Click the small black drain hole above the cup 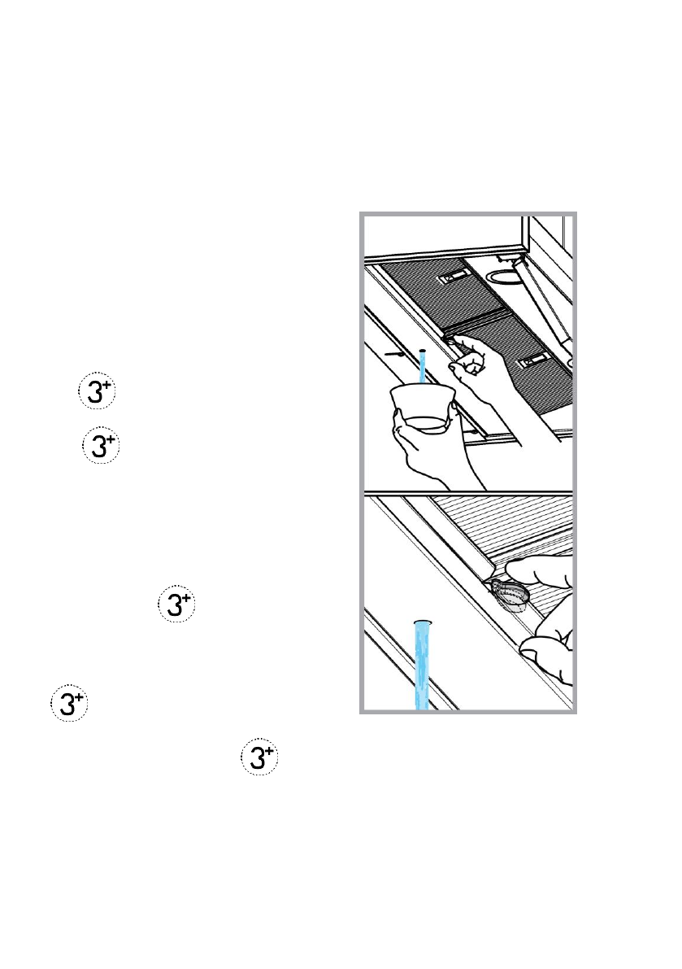(x=423, y=350)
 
